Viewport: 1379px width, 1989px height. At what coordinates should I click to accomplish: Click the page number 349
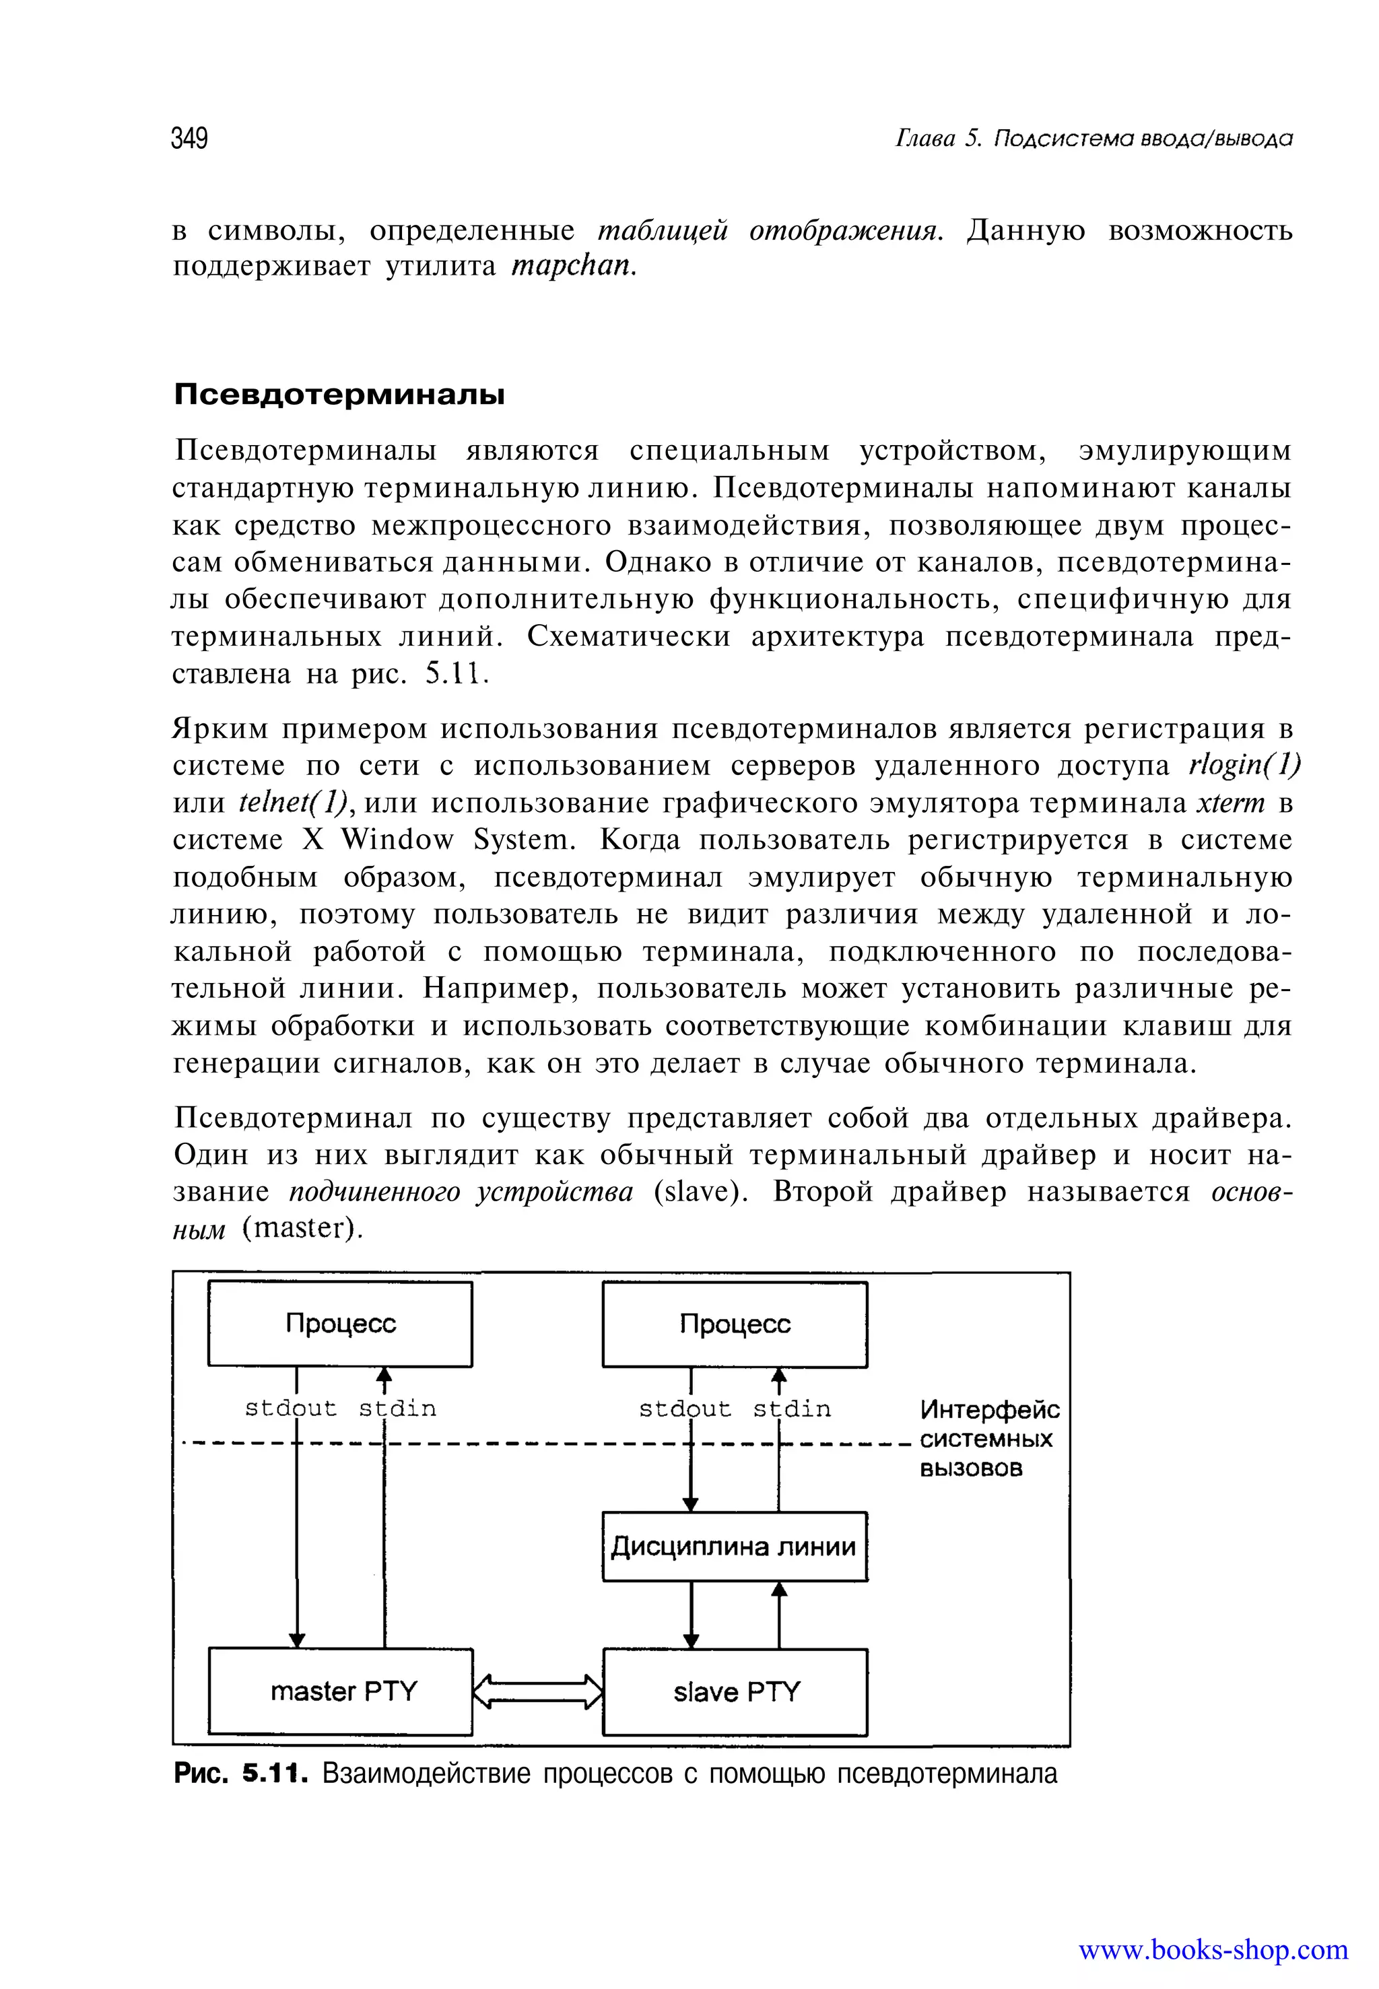(x=189, y=138)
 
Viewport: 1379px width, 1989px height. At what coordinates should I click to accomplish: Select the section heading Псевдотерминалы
(x=339, y=395)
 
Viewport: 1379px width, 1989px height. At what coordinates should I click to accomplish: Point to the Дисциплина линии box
(x=735, y=1546)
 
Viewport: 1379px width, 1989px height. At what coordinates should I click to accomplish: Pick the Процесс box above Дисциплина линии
(x=735, y=1324)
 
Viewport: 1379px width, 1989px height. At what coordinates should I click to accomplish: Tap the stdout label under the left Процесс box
(x=290, y=1409)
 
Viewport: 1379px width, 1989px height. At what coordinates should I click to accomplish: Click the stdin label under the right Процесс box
(x=791, y=1409)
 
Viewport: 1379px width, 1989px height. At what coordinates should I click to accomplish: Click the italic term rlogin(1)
(x=1244, y=766)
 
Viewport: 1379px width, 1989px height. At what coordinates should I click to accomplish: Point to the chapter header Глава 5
(x=939, y=138)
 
